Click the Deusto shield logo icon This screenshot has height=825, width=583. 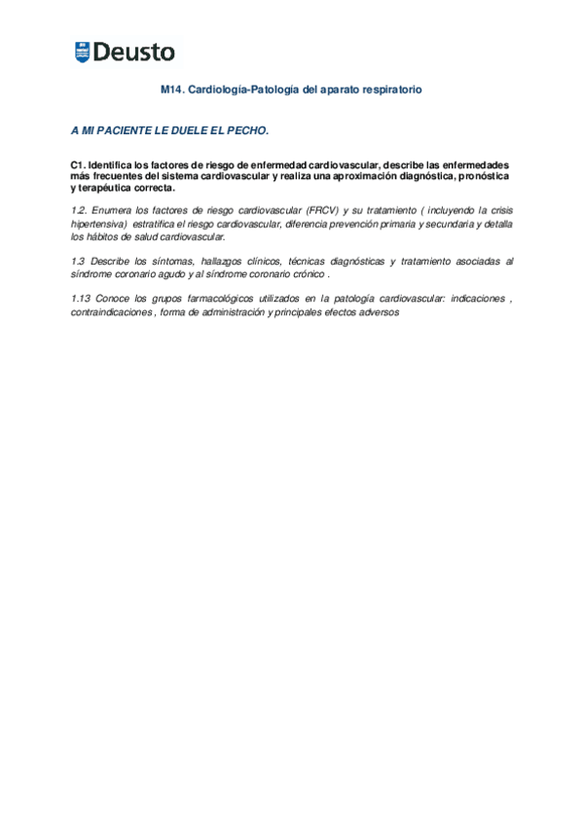coord(82,53)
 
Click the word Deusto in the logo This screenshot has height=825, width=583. coord(135,53)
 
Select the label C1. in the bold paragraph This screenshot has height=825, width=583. coord(78,166)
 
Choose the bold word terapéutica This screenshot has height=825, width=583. coord(111,188)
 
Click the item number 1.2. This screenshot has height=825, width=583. coord(80,210)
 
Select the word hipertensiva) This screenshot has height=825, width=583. coord(99,224)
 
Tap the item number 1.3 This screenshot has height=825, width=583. coord(80,262)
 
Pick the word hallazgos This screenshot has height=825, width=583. coord(223,262)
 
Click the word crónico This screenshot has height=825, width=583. coord(309,274)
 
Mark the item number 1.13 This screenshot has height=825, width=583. coord(82,299)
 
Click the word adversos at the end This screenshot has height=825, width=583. coord(380,312)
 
